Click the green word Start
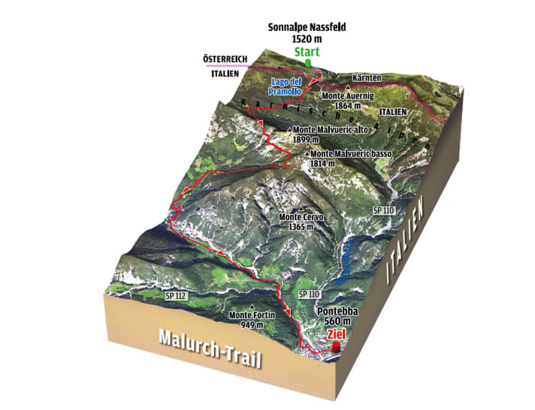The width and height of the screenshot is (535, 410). click(x=306, y=52)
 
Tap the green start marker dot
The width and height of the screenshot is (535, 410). click(x=307, y=62)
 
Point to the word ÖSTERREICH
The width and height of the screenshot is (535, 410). click(x=230, y=59)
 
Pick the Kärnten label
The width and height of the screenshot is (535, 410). click(x=368, y=77)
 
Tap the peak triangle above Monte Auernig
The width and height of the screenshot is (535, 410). click(x=348, y=86)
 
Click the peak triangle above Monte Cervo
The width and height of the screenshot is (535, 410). click(x=302, y=209)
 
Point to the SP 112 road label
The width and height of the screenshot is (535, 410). click(x=174, y=297)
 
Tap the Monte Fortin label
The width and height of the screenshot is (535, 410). click(x=252, y=315)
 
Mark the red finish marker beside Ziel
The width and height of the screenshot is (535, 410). click(x=335, y=348)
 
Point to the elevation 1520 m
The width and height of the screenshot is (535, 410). click(x=306, y=39)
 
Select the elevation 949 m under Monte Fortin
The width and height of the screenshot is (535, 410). click(x=252, y=325)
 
